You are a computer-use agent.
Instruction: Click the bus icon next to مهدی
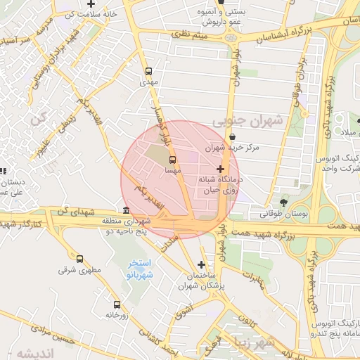coord(148,71)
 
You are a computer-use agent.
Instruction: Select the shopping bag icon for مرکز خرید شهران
coord(233,136)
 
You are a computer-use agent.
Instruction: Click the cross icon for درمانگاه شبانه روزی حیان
coord(221,169)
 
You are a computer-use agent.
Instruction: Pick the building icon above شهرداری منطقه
coord(126,211)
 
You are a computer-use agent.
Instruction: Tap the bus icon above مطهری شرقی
coord(79,259)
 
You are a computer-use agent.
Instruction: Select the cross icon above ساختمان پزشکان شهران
coord(202,265)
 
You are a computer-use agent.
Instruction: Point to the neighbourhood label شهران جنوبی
coord(255,120)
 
